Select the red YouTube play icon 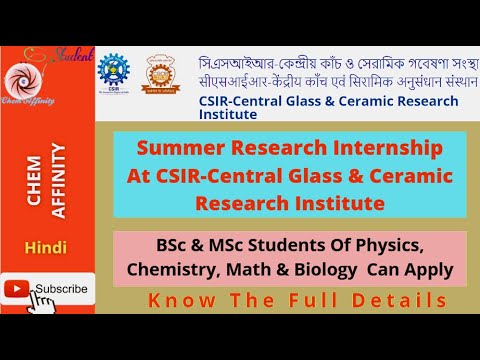coord(17,289)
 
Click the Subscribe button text coord(61,289)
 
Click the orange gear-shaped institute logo coord(165,73)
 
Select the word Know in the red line coord(175,300)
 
